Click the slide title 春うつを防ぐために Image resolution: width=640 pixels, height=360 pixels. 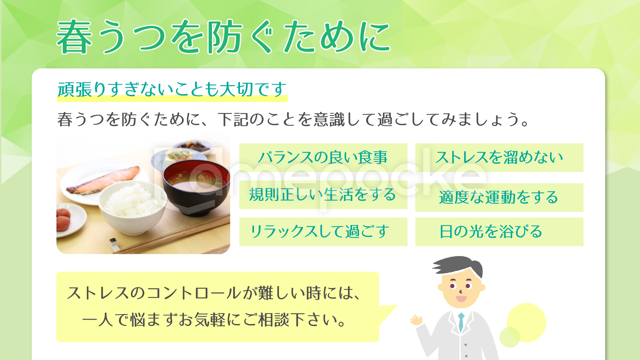(x=223, y=37)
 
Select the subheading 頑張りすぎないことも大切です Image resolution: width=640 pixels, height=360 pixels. (x=172, y=89)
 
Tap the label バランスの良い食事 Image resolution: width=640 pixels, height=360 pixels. (x=323, y=157)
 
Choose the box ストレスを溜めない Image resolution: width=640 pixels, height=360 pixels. (x=499, y=158)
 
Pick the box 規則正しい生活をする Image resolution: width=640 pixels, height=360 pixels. (x=323, y=195)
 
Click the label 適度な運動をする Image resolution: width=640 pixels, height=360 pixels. (x=499, y=197)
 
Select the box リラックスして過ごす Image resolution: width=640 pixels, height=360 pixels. (x=323, y=232)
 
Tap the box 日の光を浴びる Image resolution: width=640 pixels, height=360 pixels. (x=499, y=232)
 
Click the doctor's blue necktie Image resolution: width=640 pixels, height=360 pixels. (x=461, y=322)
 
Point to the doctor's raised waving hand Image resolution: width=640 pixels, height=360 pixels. (x=416, y=320)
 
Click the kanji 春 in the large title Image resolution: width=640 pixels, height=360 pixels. (x=74, y=37)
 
